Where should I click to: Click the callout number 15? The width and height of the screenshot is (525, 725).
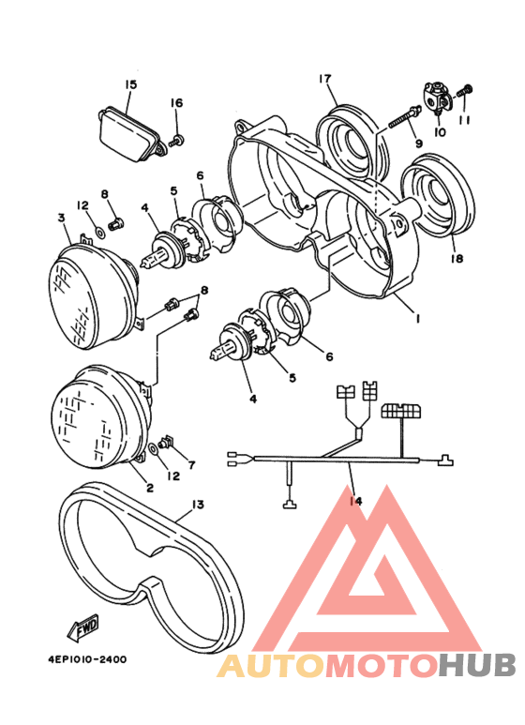coord(130,84)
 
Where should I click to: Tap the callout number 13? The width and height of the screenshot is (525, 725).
coord(196,505)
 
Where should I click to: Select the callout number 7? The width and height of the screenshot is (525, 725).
coord(192,465)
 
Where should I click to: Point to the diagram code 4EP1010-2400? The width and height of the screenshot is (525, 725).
coord(86,659)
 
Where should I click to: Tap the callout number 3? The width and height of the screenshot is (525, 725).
coord(62,218)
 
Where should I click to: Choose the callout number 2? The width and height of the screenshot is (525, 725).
coord(149,487)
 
